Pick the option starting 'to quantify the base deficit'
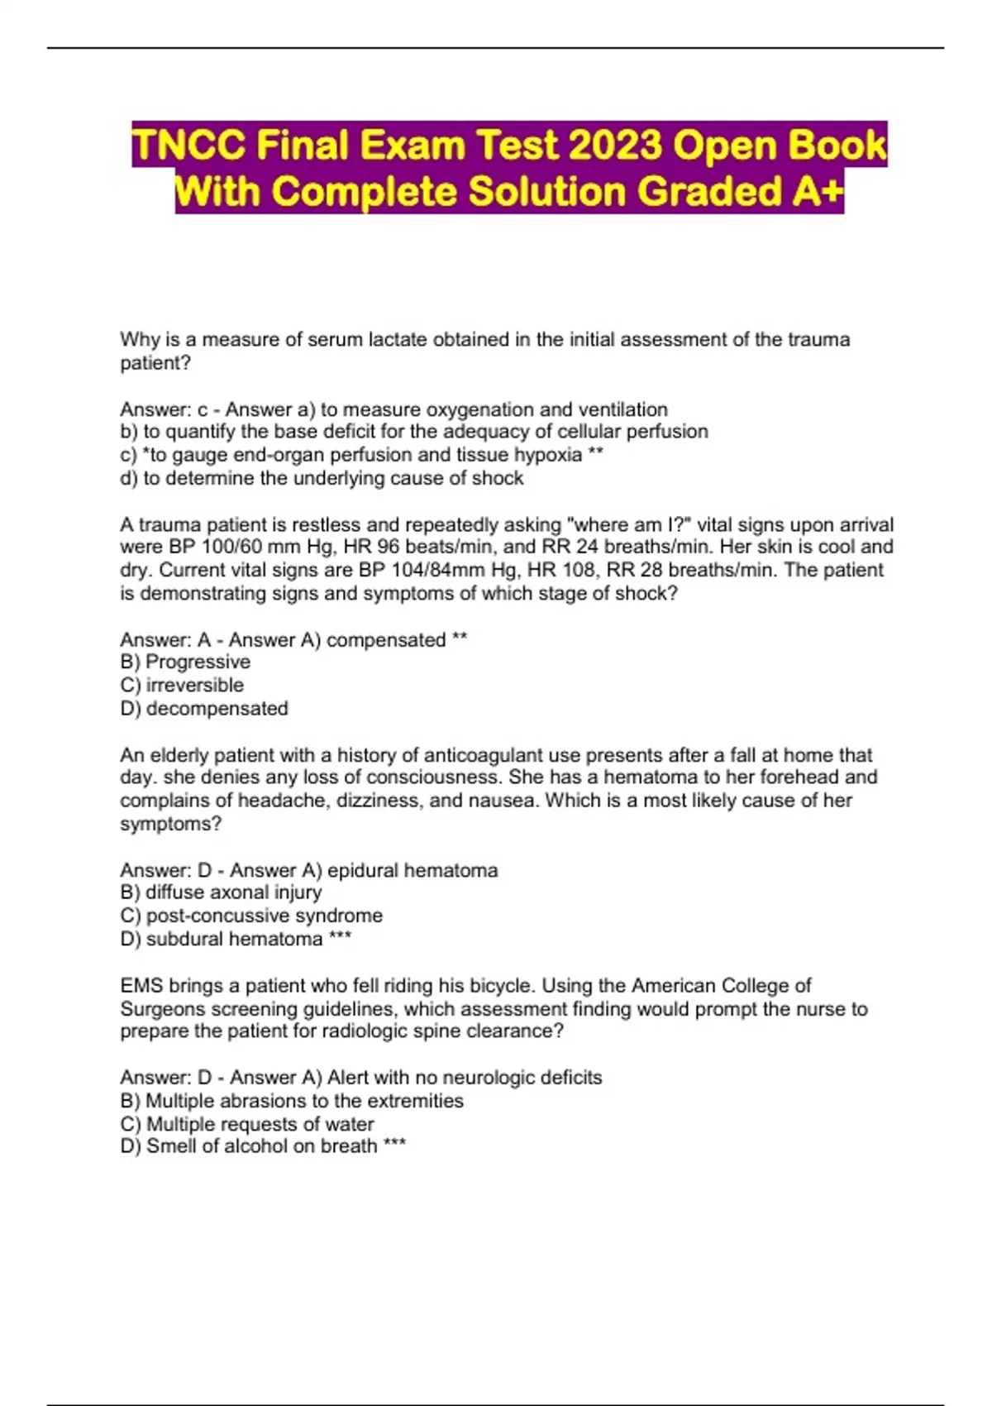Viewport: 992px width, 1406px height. click(425, 432)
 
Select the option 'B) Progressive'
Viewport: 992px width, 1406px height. click(185, 662)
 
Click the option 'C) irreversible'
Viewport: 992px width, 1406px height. click(182, 686)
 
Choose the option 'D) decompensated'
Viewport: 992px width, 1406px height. click(204, 709)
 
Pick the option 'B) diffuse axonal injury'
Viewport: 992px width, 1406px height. click(221, 892)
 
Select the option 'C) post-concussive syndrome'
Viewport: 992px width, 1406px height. click(251, 916)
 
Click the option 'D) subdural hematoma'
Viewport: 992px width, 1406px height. click(222, 939)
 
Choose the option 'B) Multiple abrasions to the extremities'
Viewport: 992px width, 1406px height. click(292, 1101)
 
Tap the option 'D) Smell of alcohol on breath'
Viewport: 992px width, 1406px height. click(249, 1146)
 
